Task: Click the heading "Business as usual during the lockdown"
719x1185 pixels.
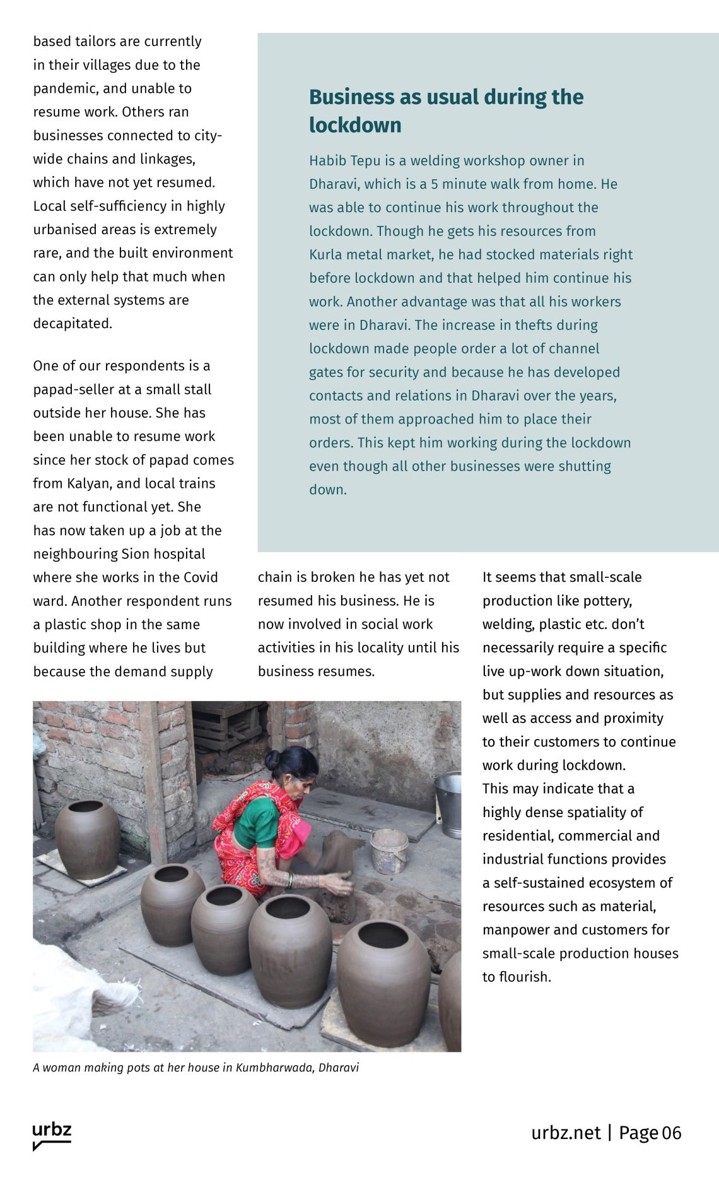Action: pos(446,110)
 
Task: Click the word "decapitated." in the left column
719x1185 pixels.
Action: pos(73,324)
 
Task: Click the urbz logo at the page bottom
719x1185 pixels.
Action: pos(52,1136)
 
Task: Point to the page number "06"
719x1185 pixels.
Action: pos(672,1133)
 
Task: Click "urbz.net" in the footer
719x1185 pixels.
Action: pos(566,1133)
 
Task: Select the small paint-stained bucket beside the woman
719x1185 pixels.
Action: pos(389,849)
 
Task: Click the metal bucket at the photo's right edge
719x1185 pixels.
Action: pos(448,803)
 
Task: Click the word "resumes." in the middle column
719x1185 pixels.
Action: pos(348,671)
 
